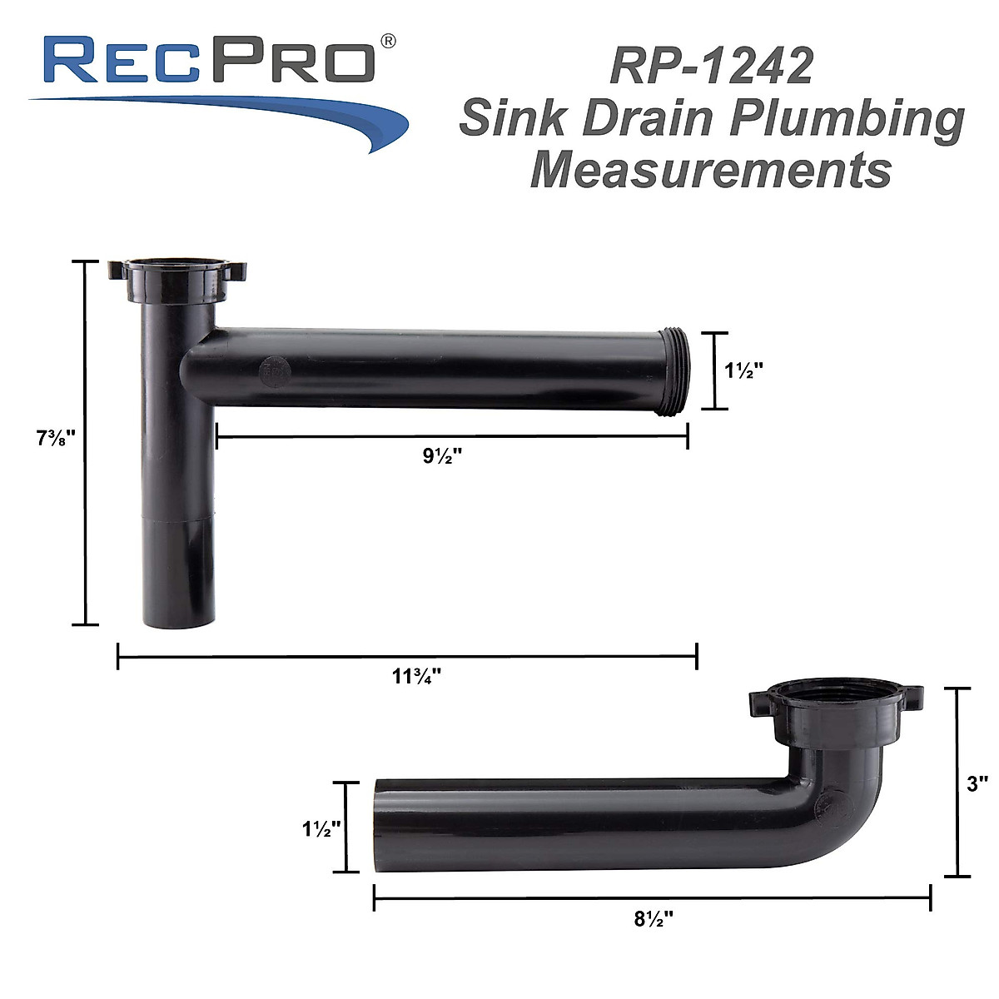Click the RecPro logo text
tap(208, 60)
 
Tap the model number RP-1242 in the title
tap(711, 67)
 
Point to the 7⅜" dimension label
tap(56, 439)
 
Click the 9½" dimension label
tap(442, 456)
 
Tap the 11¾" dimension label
tap(416, 676)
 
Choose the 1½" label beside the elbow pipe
tap(322, 828)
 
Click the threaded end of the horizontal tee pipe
tap(675, 370)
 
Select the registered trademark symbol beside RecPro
tap(388, 40)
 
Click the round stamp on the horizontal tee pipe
tap(272, 371)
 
